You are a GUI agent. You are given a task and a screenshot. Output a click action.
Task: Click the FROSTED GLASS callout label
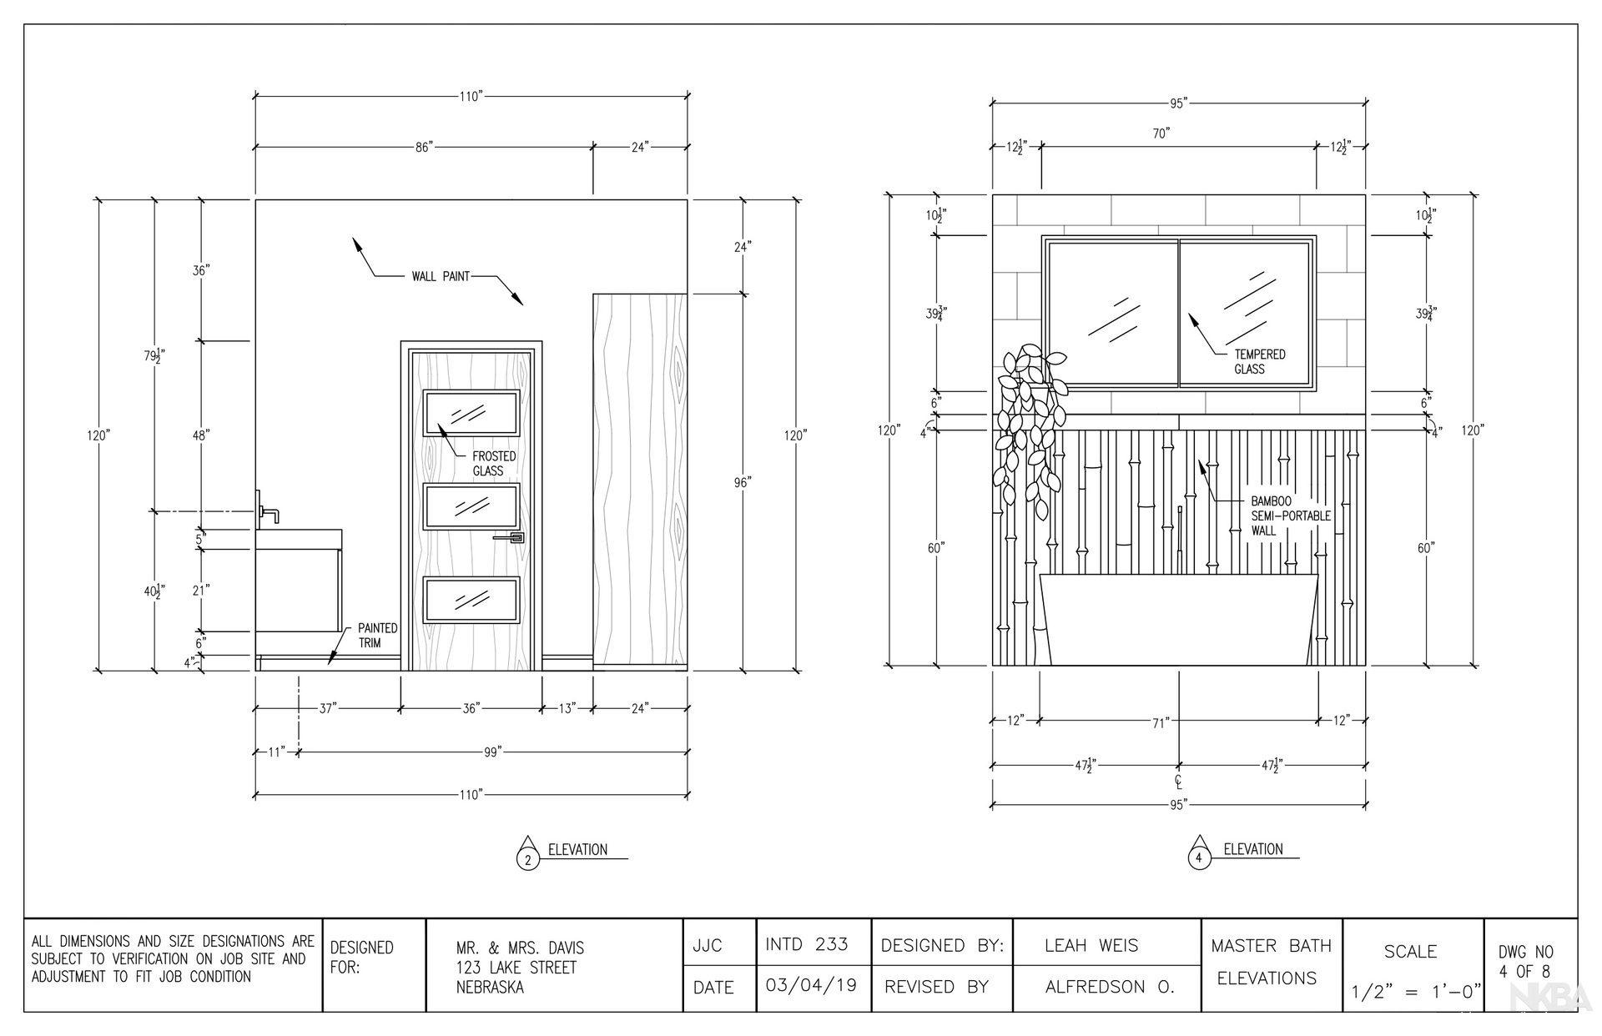(494, 464)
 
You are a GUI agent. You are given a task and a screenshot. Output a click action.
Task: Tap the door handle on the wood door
(508, 538)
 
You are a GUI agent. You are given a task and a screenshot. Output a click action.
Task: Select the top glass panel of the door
(471, 413)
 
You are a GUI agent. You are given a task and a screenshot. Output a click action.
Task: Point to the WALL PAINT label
(441, 276)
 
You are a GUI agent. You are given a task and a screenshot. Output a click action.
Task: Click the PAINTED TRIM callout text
(377, 636)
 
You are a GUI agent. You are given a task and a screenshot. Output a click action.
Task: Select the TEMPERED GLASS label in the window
(1259, 361)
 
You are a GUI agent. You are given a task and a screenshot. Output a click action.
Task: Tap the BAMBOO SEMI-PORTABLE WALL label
(1290, 515)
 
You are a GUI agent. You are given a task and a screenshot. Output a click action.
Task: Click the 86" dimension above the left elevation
(424, 147)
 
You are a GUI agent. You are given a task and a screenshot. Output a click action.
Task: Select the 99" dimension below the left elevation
(492, 752)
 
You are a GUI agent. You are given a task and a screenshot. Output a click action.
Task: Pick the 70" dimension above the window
(1161, 133)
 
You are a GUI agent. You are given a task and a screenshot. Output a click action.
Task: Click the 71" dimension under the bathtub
(1160, 722)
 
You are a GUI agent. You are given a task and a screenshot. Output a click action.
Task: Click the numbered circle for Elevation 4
(1199, 857)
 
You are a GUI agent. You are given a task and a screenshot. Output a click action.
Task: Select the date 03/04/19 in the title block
(811, 985)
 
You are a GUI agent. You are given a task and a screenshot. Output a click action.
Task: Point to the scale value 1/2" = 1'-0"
(1416, 992)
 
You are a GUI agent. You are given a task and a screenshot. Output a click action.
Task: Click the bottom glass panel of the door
(471, 600)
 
